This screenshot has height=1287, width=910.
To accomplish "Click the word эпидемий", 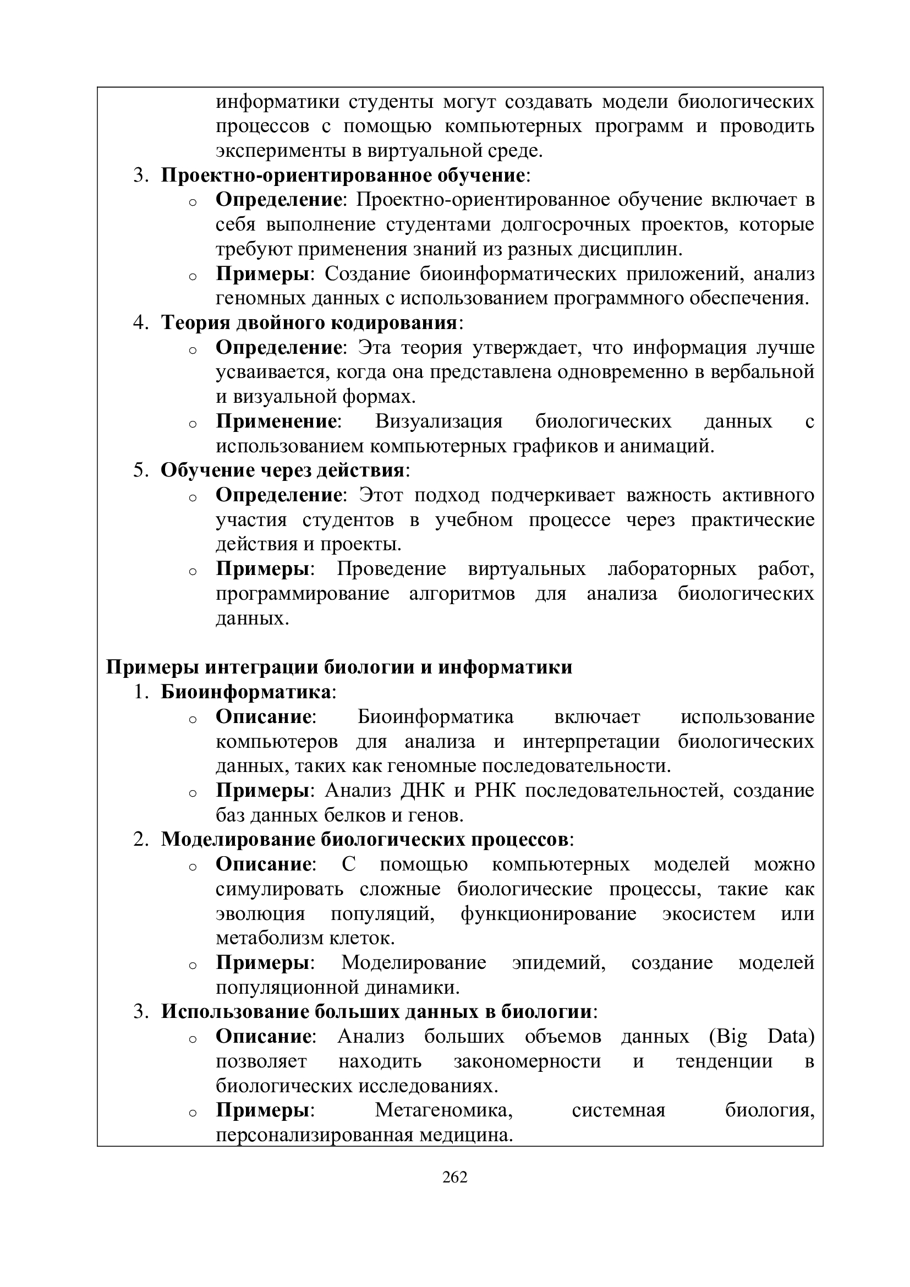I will click(x=558, y=962).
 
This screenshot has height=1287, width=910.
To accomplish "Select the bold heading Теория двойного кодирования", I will click(x=309, y=323).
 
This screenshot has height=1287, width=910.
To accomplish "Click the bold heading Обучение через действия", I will click(x=282, y=470).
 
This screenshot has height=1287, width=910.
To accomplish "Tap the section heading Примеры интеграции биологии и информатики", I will click(x=339, y=667).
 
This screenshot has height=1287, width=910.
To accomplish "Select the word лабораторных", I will click(x=671, y=569).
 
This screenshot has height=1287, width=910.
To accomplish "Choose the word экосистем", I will click(x=709, y=913).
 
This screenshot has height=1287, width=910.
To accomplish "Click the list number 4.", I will click(x=140, y=323).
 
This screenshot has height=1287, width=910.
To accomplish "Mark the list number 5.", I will click(x=140, y=470).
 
